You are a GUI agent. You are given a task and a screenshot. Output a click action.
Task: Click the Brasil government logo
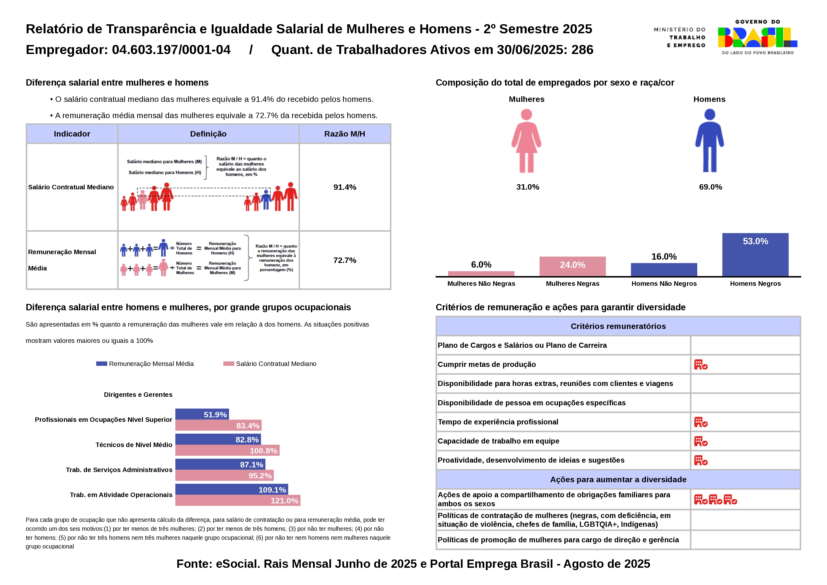[x=757, y=37]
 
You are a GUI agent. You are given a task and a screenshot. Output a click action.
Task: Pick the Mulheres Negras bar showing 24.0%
[x=572, y=266]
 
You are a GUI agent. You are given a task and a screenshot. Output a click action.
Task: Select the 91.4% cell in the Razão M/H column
[x=345, y=187]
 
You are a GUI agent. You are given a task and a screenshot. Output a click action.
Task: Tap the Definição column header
[x=208, y=134]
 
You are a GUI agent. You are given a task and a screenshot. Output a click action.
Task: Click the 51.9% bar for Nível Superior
[x=202, y=414]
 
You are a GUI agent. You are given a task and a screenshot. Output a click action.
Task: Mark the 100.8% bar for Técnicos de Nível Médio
[x=227, y=450]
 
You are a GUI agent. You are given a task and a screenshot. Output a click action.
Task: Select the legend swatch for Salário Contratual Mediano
[x=229, y=364]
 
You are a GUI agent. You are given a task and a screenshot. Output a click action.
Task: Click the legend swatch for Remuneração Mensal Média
[x=102, y=364]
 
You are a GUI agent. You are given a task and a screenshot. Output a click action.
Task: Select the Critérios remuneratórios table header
[x=618, y=326]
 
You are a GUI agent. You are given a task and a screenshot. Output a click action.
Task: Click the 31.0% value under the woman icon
[x=527, y=187]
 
